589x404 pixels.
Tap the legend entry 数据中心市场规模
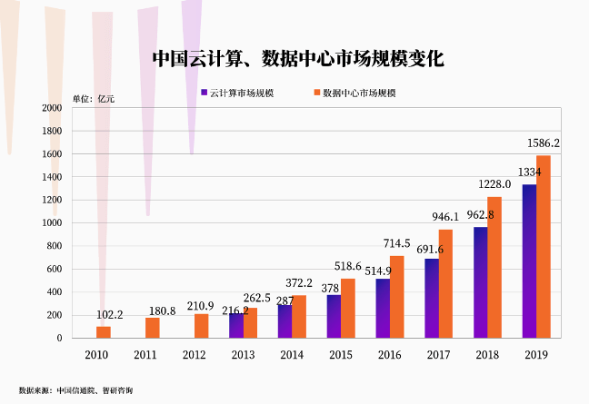click(354, 93)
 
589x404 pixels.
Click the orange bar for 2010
click(104, 332)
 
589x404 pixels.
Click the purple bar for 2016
click(383, 309)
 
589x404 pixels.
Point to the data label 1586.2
click(544, 143)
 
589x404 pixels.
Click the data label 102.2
click(109, 315)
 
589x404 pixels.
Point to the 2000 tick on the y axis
click(53, 108)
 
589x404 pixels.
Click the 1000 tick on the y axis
click(53, 223)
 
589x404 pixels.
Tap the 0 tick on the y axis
click(59, 339)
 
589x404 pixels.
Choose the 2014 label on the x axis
click(291, 354)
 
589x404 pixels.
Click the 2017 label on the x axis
click(438, 354)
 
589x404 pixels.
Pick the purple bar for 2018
click(480, 282)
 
